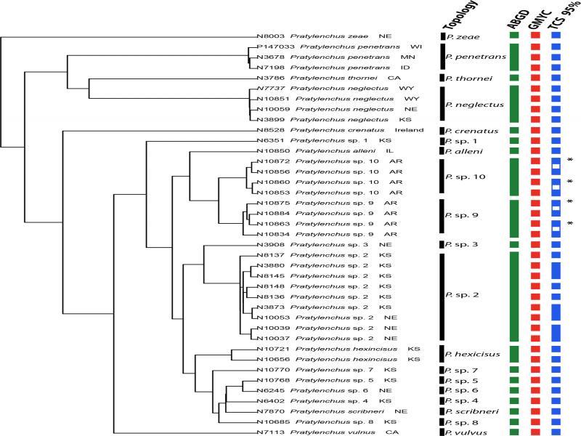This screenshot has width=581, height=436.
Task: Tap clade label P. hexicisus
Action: coord(473,355)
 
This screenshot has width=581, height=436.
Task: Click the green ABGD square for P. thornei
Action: coord(515,77)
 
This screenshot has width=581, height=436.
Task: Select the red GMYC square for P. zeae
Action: coord(536,36)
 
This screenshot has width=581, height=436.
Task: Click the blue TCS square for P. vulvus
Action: coord(556,432)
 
